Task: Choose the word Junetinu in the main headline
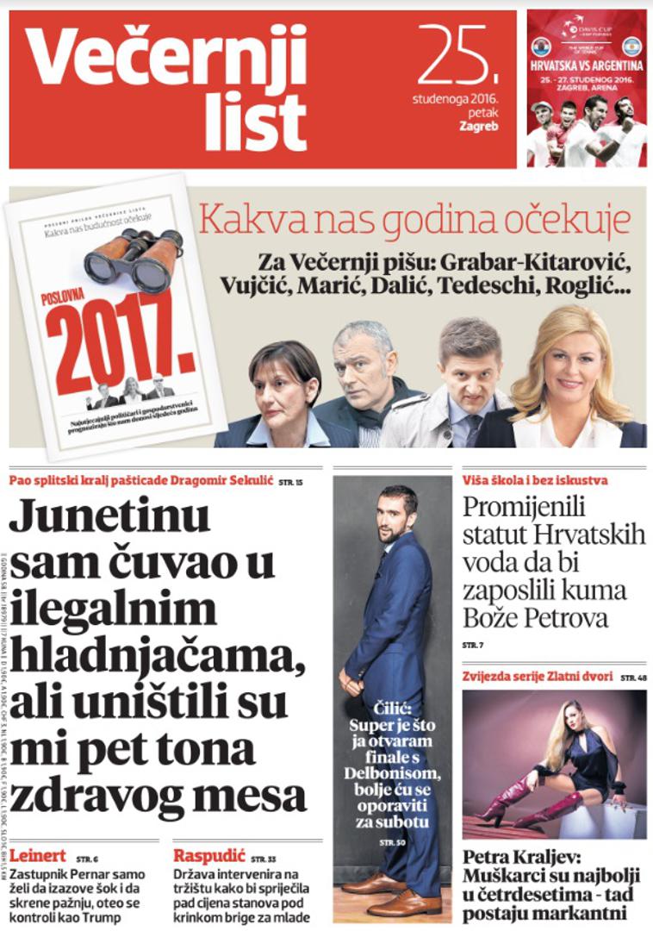109,517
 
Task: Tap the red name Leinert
38,856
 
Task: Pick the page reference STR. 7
473,645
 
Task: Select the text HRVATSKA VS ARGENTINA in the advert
586,65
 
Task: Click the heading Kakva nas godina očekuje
414,221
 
